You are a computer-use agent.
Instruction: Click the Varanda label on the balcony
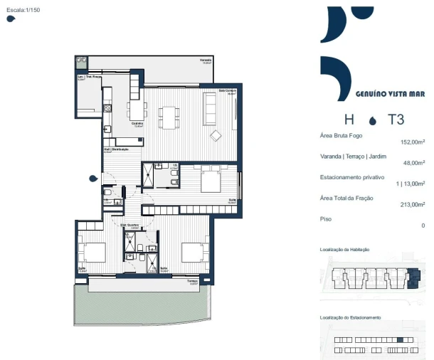[206, 60]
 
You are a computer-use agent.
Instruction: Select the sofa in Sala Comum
[211, 107]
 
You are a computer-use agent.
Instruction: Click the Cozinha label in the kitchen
[137, 123]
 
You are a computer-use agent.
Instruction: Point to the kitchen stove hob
[107, 108]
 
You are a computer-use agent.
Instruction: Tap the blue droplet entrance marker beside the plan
[92, 179]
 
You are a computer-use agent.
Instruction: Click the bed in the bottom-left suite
[91, 253]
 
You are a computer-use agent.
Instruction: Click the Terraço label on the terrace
[191, 281]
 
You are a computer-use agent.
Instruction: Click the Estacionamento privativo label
[352, 176]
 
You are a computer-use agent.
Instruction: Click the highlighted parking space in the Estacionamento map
[400, 340]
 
